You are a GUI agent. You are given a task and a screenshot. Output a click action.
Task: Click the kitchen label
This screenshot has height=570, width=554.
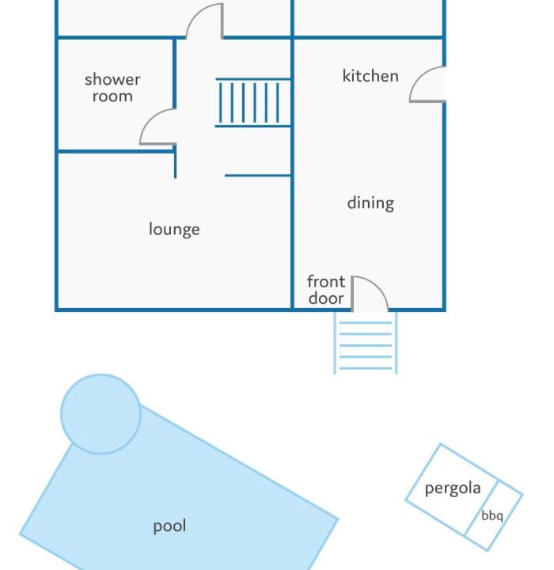pos(370,76)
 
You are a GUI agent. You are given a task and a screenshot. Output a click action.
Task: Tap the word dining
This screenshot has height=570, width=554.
pos(370,203)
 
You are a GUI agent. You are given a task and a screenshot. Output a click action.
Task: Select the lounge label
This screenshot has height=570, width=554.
pos(174,230)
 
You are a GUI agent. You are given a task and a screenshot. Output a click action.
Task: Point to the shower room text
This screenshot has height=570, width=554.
pos(112,88)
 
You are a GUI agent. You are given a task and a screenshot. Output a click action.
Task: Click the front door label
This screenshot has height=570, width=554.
pos(326,290)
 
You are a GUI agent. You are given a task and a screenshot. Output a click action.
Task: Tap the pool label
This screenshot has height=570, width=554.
pos(170,526)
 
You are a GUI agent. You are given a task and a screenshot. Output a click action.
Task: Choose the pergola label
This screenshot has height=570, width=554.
pos(453,488)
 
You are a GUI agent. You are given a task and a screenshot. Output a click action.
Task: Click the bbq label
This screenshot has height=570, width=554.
pos(492,515)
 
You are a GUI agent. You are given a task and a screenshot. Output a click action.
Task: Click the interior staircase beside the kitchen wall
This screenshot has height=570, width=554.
pos(253,103)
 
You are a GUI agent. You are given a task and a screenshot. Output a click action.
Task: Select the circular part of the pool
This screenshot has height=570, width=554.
pos(101,414)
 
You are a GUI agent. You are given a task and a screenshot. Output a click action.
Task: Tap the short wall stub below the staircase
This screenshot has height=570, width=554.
pos(258,176)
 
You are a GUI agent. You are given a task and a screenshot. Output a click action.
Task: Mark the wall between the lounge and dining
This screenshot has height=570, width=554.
pos(292,174)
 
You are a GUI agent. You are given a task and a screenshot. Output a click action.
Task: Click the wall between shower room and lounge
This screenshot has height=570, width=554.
pos(116,151)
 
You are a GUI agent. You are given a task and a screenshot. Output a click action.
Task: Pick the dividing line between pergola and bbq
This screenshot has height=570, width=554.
pos(481,507)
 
